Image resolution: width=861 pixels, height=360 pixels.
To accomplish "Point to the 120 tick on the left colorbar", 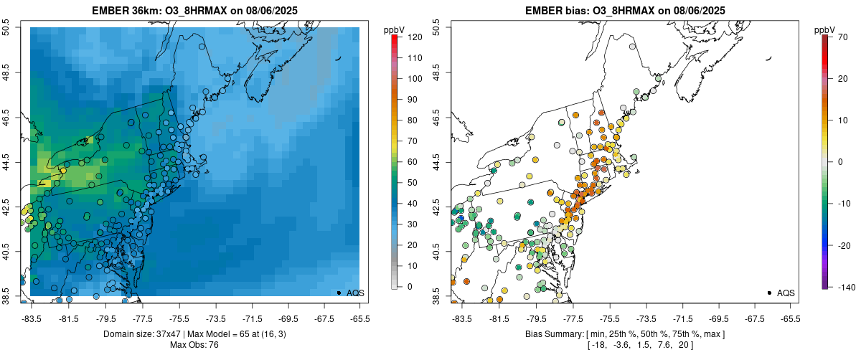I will pos(413,37).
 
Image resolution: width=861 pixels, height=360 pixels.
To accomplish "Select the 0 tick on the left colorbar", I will pos(408,286).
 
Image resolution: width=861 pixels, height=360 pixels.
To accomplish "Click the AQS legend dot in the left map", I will pos(338,293).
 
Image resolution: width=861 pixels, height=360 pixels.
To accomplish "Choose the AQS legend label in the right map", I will pos(786,293).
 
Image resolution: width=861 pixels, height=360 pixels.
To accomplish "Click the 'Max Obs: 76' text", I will pos(194,345).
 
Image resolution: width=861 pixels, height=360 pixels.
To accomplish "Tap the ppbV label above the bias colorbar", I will pos(825,29).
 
